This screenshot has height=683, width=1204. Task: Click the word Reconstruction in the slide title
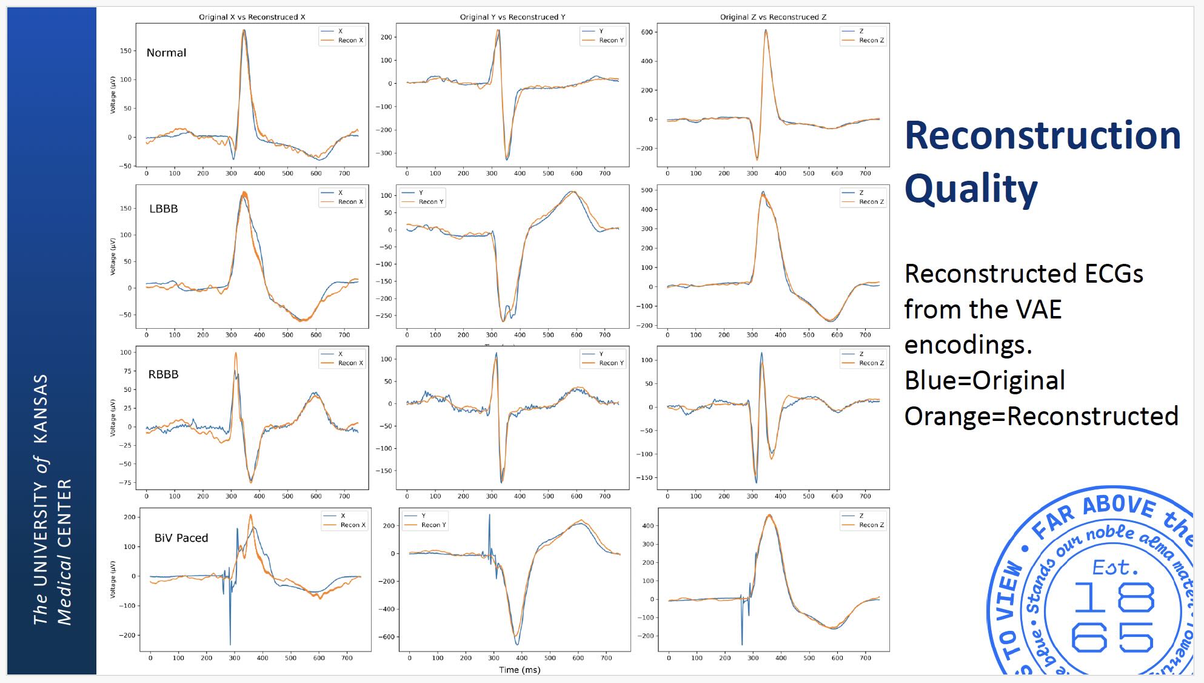[x=1042, y=135]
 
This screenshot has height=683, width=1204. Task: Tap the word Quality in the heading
[x=971, y=189]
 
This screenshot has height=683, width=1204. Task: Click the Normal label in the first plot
[x=166, y=53]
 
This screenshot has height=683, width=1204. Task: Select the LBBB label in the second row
[x=164, y=209]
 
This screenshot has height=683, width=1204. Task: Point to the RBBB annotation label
[x=163, y=374]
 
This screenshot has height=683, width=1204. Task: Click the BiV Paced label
[x=181, y=538]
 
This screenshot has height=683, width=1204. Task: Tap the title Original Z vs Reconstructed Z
[x=773, y=17]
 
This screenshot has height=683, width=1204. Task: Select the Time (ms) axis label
[x=520, y=670]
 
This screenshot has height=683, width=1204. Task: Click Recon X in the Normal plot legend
[x=350, y=41]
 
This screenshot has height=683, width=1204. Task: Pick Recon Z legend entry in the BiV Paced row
[x=871, y=525]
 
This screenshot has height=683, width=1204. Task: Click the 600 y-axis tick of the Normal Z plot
[x=646, y=32]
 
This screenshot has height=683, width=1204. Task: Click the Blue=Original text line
[x=985, y=380]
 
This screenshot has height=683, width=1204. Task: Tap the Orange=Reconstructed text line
[x=1041, y=416]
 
